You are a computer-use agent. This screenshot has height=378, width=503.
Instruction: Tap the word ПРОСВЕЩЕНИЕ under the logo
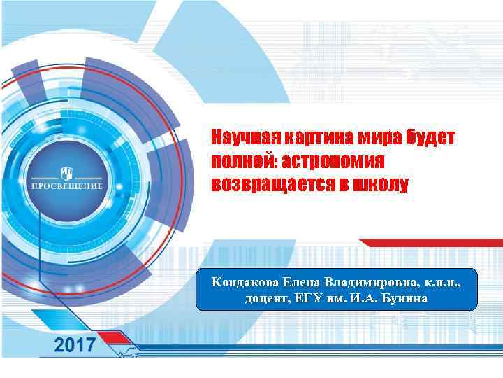tap(67, 187)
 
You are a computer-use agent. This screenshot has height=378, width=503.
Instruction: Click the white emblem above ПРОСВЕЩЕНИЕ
tap(67, 171)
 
